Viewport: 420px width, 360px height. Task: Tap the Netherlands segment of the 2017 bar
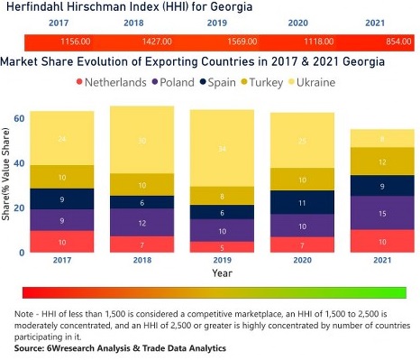point(61,242)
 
